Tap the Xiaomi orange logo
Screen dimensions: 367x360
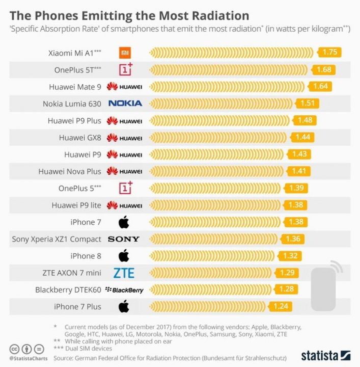(125, 53)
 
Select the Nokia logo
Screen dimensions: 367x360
(125, 103)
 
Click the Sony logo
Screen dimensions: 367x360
(123, 239)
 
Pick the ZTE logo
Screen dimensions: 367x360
(124, 273)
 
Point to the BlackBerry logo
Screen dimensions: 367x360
(124, 290)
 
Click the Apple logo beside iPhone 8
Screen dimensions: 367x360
(123, 256)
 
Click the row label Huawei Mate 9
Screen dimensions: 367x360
(75, 87)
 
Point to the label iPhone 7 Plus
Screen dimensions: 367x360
(77, 307)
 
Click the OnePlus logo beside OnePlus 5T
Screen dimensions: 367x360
(125, 69)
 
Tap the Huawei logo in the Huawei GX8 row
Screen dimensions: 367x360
(124, 138)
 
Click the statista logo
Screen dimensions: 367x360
(325, 355)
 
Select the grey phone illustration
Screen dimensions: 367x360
(324, 288)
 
